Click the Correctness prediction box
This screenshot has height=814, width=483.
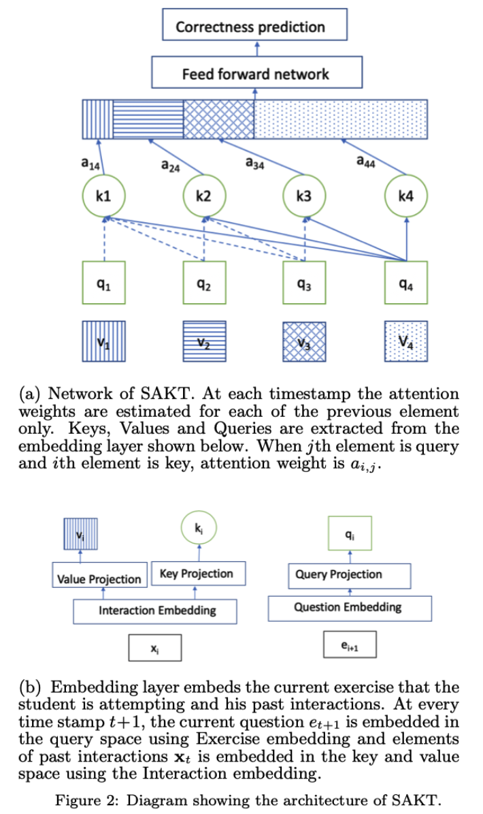[x=254, y=27]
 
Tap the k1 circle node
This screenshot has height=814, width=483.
[x=103, y=197]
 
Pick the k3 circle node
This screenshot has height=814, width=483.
[x=304, y=197]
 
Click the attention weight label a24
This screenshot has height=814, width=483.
[x=171, y=166]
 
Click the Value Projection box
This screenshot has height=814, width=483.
[x=99, y=579]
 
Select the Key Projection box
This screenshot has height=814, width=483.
[x=196, y=574]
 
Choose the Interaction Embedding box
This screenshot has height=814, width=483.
[x=156, y=610]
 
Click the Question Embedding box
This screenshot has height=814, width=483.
[x=348, y=607]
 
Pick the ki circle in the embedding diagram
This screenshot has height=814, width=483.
[x=197, y=529]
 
